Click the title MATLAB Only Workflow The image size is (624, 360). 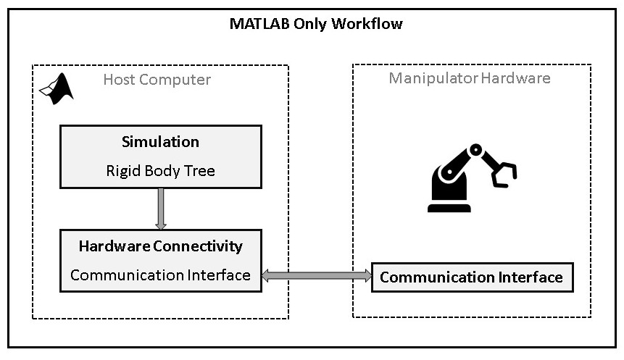[316, 23]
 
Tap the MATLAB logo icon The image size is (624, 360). [57, 88]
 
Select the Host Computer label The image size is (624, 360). [157, 79]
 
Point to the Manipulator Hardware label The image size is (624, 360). [470, 78]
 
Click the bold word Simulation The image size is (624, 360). [160, 141]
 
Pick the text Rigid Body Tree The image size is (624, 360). [160, 172]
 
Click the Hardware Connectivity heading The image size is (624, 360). [160, 246]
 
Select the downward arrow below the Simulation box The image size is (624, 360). [160, 209]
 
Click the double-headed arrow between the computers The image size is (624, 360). [317, 276]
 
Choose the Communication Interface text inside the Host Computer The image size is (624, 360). [160, 275]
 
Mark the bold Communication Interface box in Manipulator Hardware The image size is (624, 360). [472, 277]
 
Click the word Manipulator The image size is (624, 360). [433, 78]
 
